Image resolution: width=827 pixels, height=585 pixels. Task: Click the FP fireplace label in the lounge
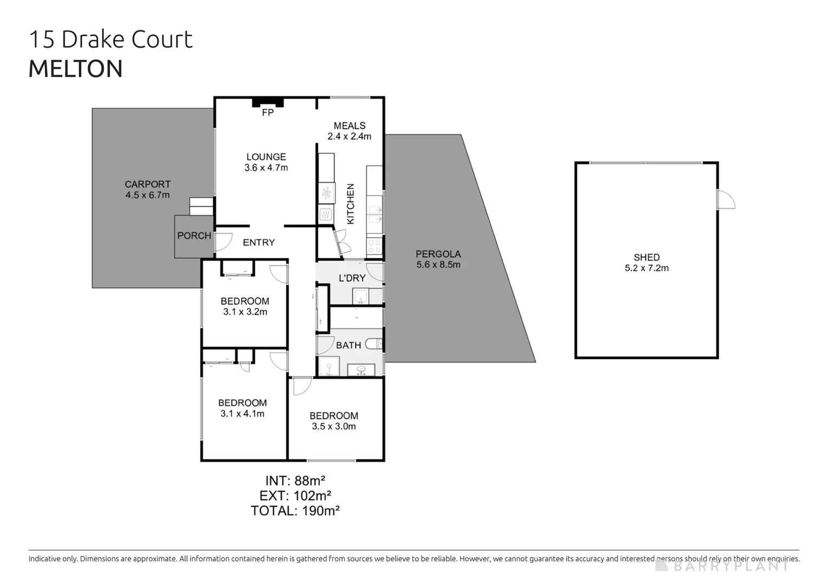pos(267,113)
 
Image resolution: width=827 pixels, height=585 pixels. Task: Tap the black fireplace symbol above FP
pos(267,102)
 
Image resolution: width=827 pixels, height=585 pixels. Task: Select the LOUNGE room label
pos(266,157)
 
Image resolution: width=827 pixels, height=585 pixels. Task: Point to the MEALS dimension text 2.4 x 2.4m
pos(349,136)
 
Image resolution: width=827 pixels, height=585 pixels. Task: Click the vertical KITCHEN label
pos(350,204)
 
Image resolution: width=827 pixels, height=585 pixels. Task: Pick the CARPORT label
pos(147,184)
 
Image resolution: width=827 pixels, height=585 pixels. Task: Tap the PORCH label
pos(194,236)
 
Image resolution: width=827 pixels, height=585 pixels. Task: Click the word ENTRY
pos(259,243)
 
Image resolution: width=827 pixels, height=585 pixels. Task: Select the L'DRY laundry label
pos(352,278)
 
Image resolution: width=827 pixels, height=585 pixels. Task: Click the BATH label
pos(348,345)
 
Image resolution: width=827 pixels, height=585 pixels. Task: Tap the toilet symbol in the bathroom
pos(374,343)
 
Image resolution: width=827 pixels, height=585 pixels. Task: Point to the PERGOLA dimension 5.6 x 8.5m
pos(438,265)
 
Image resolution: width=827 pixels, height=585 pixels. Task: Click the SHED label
pos(646,257)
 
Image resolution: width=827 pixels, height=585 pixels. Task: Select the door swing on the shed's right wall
pos(726,200)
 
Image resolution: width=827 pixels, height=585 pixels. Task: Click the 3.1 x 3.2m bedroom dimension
pos(245,312)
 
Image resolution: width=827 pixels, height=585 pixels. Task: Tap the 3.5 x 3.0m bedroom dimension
pos(333,427)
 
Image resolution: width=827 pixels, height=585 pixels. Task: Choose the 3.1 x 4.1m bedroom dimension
pos(242,414)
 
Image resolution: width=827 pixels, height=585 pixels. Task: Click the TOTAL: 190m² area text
pos(295,511)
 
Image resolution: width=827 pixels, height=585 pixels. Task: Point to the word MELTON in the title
pos(75,69)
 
